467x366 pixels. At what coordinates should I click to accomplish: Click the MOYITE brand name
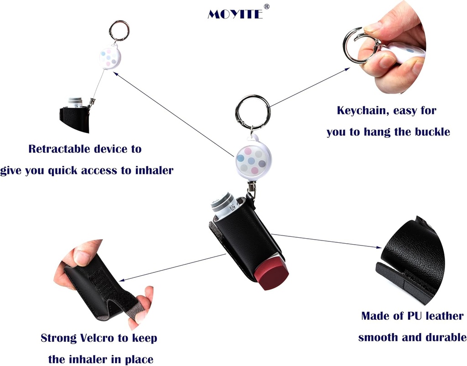(x=235, y=14)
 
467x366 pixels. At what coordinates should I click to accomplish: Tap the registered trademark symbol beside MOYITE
(x=267, y=6)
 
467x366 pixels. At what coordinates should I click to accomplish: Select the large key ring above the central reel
(x=253, y=111)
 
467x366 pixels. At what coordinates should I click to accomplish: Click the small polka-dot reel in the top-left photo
(x=110, y=58)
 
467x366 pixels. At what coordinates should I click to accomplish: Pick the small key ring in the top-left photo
(x=119, y=30)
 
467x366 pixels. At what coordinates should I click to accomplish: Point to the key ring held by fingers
(x=357, y=45)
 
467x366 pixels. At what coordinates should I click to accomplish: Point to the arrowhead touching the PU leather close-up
(x=379, y=247)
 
